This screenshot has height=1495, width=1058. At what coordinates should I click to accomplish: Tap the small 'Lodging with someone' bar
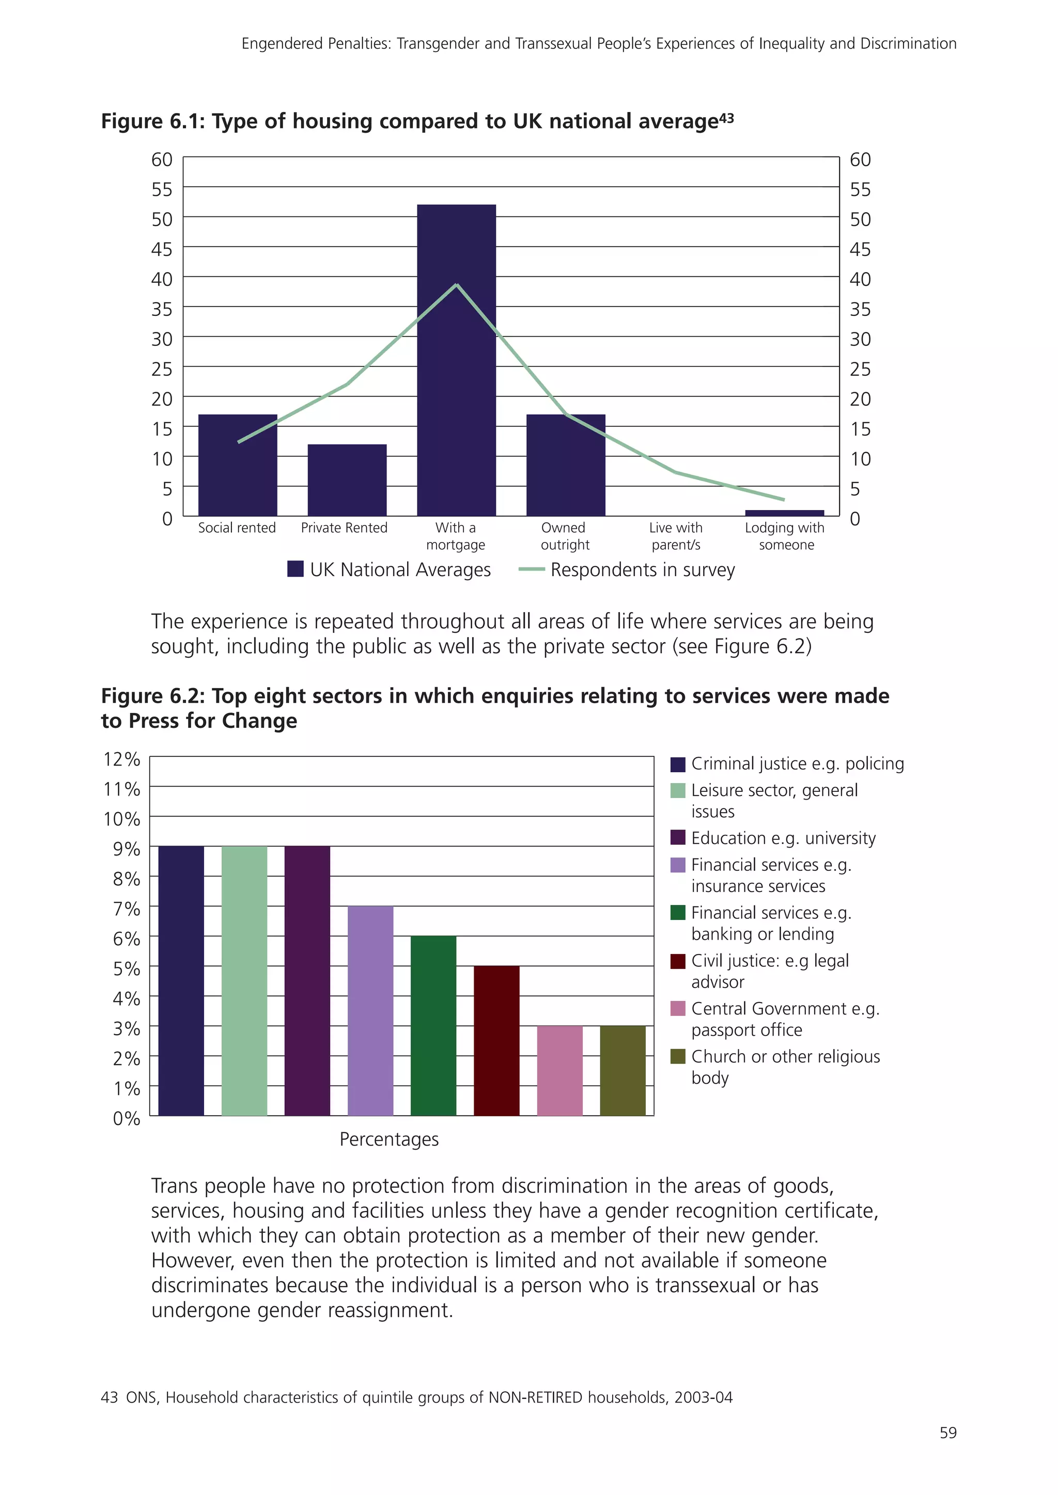[784, 513]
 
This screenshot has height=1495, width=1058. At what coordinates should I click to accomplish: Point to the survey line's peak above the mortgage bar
[457, 284]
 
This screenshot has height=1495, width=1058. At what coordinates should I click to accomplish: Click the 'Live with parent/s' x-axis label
[676, 536]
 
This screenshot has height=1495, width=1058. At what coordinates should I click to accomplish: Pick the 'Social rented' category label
[237, 528]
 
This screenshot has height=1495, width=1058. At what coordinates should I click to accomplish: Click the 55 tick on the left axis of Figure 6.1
[162, 189]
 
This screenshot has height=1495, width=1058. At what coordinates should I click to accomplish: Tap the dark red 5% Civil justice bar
[496, 1041]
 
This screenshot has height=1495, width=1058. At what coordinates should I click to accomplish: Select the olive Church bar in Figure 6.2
[623, 1071]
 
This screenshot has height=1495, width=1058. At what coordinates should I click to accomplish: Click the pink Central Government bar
[559, 1071]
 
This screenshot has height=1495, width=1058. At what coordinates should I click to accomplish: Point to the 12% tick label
[122, 759]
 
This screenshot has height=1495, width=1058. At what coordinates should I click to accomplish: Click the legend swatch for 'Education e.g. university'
[678, 837]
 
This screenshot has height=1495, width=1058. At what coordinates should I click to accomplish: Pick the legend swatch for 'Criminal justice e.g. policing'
[678, 764]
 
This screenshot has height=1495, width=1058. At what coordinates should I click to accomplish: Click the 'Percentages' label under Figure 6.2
[389, 1139]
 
